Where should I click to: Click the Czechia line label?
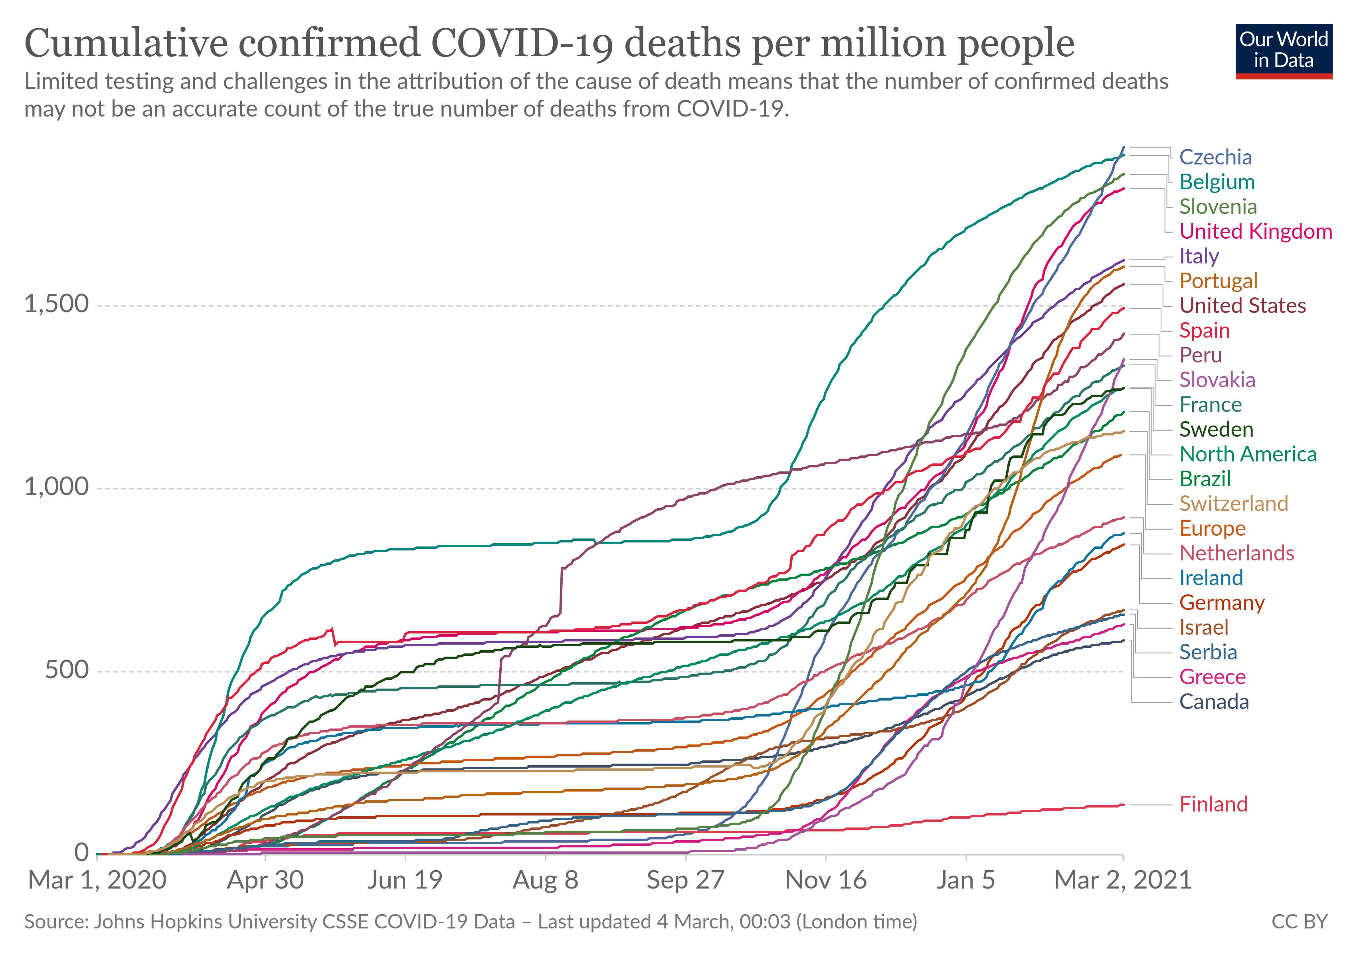[1215, 157]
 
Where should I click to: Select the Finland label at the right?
[1213, 804]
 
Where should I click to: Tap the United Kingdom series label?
[1255, 232]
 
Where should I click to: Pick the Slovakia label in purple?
[1217, 380]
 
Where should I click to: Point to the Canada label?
[1214, 702]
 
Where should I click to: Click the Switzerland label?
[1234, 503]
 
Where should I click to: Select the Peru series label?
[1201, 355]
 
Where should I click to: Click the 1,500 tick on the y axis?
[56, 304]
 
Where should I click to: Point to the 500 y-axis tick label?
[66, 669]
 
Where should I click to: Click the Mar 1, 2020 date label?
[97, 880]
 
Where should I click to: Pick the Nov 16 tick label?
[826, 880]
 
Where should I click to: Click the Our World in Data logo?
[1283, 51]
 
